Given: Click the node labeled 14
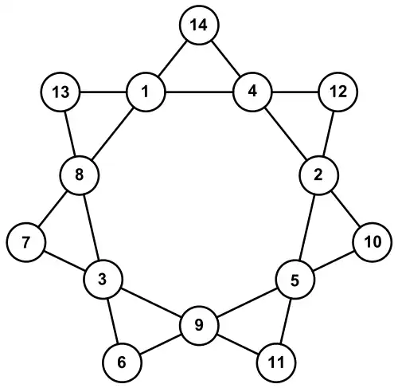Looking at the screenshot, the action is (x=199, y=25).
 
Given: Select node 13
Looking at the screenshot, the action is (x=60, y=92).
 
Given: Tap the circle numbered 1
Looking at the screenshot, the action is (x=146, y=92).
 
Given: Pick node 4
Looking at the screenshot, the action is (x=252, y=92).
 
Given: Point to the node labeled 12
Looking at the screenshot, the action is (x=338, y=92).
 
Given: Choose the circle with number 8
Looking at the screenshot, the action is (x=80, y=175).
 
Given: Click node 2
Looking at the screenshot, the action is (x=319, y=175).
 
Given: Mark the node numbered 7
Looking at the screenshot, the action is (x=26, y=242).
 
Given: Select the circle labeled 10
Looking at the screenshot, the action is (x=373, y=242).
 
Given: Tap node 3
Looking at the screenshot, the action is (x=103, y=280).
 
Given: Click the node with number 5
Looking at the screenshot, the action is (x=295, y=280).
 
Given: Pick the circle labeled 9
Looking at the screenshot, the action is (x=199, y=326).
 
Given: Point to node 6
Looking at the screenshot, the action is (x=122, y=363).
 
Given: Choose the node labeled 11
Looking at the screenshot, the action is (x=276, y=363).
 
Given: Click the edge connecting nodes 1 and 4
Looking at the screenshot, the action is (x=199, y=92).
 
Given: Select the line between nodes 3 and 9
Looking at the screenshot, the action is (x=151, y=303).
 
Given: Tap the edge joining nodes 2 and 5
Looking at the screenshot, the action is (x=307, y=227).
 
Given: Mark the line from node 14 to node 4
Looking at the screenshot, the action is (x=226, y=58).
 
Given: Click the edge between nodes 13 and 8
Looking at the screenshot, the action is (x=70, y=134).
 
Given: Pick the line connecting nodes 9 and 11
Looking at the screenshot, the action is (x=238, y=344).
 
